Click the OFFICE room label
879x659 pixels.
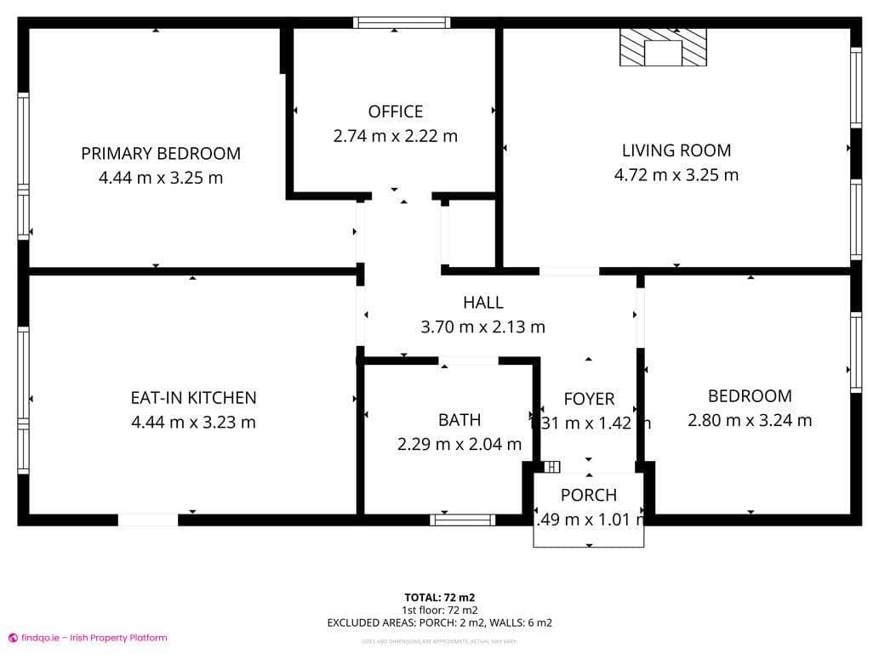(x=395, y=111)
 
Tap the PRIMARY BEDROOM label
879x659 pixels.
(x=161, y=154)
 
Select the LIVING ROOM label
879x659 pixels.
(x=676, y=151)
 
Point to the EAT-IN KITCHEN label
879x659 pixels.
(x=193, y=397)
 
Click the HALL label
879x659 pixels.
(x=482, y=302)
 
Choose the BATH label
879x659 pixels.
(x=459, y=419)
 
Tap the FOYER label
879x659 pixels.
(x=589, y=399)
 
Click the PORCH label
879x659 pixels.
(x=589, y=495)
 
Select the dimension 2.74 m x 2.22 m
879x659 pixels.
(x=395, y=136)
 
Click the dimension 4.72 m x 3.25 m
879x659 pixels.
(x=676, y=175)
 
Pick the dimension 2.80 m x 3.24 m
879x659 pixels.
(x=750, y=420)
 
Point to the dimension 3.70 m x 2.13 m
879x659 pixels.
(x=482, y=327)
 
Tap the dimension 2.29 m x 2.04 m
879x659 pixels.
(x=459, y=444)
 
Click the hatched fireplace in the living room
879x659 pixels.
(x=663, y=48)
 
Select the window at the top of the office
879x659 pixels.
(x=395, y=23)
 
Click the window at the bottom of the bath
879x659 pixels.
(x=462, y=520)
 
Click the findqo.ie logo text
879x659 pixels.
(x=94, y=638)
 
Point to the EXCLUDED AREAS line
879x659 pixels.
(x=439, y=622)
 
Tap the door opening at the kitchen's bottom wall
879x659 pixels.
(x=148, y=520)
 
